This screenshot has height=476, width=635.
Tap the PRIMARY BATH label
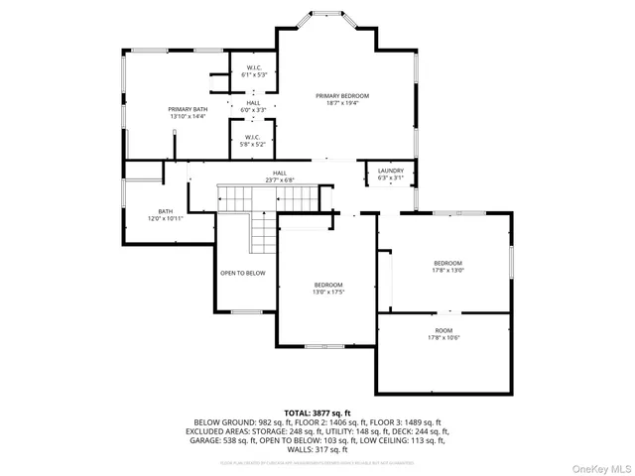click(x=188, y=109)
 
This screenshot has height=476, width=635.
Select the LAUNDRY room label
click(x=391, y=171)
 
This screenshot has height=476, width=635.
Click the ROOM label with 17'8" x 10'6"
click(x=444, y=330)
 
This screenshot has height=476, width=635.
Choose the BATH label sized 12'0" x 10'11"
click(x=166, y=211)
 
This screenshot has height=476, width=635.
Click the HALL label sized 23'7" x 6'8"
click(x=280, y=173)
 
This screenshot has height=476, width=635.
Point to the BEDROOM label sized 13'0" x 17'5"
click(x=328, y=285)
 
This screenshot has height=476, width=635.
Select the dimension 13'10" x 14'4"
click(x=188, y=116)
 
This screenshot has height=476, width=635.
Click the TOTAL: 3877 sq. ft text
click(x=317, y=413)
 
